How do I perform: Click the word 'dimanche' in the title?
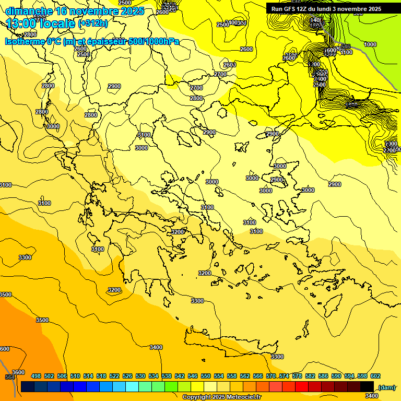29,11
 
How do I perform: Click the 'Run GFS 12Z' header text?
289,9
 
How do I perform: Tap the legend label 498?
36,376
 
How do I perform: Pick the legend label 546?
193,376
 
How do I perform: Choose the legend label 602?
375,376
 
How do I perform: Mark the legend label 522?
114,376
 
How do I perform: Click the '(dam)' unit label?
387,387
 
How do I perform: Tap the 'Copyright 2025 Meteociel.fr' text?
221,397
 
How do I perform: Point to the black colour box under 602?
367,386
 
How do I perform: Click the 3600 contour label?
18,372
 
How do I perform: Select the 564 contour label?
9,377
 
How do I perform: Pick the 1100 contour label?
346,52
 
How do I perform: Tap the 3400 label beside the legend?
372,396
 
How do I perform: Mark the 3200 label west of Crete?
114,290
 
